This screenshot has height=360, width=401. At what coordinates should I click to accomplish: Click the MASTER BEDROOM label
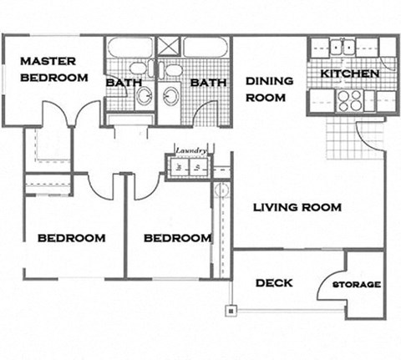tap(53, 69)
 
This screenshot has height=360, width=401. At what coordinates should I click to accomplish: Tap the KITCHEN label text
tap(351, 74)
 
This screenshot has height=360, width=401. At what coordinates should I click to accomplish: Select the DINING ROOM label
tap(269, 89)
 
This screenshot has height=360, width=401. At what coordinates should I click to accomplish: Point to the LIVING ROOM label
tap(298, 208)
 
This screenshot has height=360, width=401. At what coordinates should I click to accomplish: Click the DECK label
tap(273, 283)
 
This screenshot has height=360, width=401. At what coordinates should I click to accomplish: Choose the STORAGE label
tap(357, 285)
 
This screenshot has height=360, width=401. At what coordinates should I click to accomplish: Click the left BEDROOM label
tap(72, 238)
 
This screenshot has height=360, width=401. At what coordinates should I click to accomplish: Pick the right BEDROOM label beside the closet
tap(177, 238)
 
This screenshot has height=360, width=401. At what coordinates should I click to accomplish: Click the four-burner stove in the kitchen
tap(349, 100)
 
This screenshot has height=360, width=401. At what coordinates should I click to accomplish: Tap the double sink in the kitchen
tap(343, 47)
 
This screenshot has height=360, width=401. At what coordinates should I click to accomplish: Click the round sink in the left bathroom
tap(143, 94)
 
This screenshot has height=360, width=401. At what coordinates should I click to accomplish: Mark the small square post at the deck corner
tap(229, 311)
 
